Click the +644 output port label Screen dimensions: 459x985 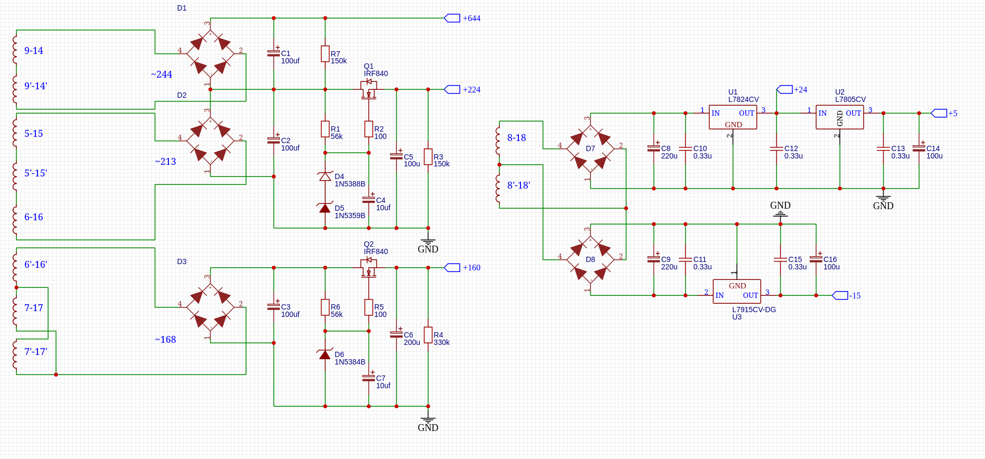[471, 18]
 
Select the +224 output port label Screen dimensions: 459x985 [471, 90]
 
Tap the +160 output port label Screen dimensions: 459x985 [471, 268]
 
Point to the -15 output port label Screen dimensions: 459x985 [855, 296]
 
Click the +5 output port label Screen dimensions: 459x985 [952, 114]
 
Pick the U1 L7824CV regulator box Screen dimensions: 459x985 [733, 117]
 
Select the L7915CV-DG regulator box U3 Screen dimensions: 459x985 [737, 291]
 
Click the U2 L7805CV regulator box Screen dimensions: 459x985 [839, 117]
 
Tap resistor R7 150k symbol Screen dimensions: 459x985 [325, 54]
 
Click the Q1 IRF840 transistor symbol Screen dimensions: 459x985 [368, 90]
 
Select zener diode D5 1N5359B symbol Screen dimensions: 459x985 [325, 208]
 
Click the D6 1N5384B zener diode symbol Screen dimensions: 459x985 [325, 354]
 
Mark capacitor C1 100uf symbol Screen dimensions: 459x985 [273, 53]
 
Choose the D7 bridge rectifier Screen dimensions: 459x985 [591, 148]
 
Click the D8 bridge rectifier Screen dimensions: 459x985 [591, 259]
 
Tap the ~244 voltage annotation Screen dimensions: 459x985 [162, 74]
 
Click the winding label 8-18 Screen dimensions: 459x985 [516, 138]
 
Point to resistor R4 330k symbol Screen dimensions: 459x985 [428, 335]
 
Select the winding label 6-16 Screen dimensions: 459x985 [34, 217]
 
